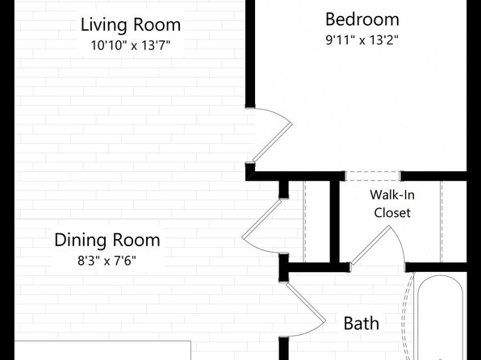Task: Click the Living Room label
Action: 131,25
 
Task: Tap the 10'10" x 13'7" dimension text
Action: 131,45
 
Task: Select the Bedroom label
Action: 362,19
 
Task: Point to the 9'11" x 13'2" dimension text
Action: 362,40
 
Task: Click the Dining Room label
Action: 107,241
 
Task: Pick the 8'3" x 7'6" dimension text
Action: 107,261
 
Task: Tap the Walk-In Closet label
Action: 392,203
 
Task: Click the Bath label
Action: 361,323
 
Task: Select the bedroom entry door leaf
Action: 272,142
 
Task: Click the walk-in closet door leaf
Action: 370,245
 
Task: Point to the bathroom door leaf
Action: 306,303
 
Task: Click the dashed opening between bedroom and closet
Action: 373,176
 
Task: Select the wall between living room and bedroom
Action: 250,54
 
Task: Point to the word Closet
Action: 392,212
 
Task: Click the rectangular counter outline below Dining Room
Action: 102,350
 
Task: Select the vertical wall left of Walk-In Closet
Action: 335,222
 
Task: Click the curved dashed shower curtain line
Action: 407,316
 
